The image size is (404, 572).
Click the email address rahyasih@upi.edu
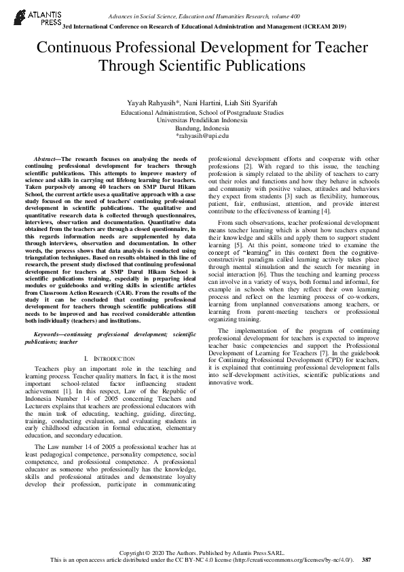click(x=203, y=136)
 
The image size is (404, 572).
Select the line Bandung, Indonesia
click(x=202, y=128)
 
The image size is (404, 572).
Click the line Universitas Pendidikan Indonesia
click(x=202, y=120)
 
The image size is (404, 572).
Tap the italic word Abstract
click(x=46, y=158)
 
